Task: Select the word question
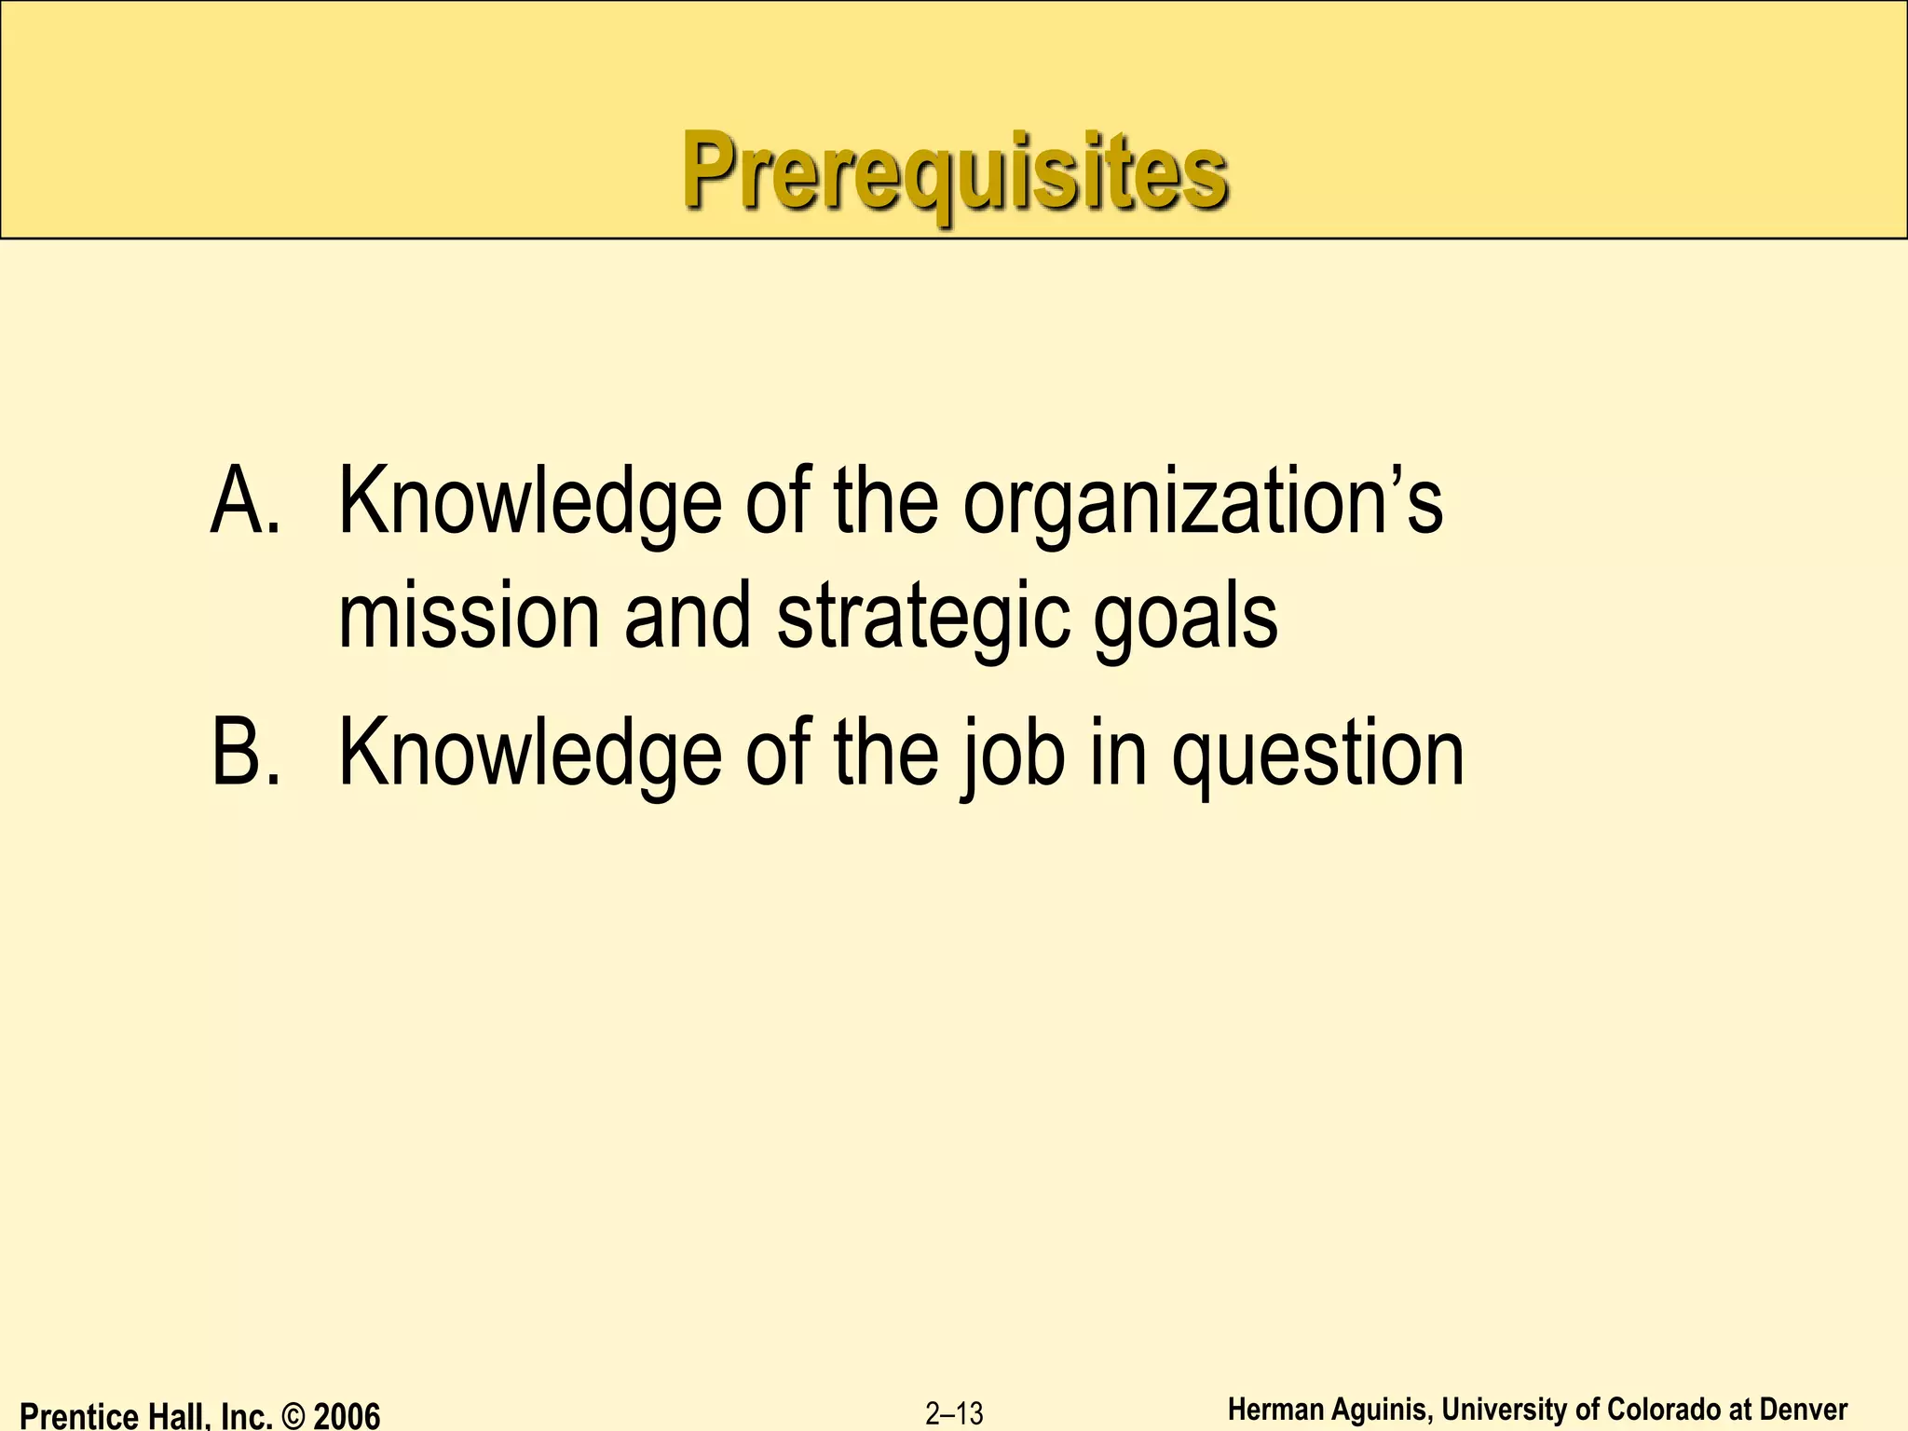coord(1318,756)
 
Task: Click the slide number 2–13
coord(954,1413)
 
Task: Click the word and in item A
coord(688,617)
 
